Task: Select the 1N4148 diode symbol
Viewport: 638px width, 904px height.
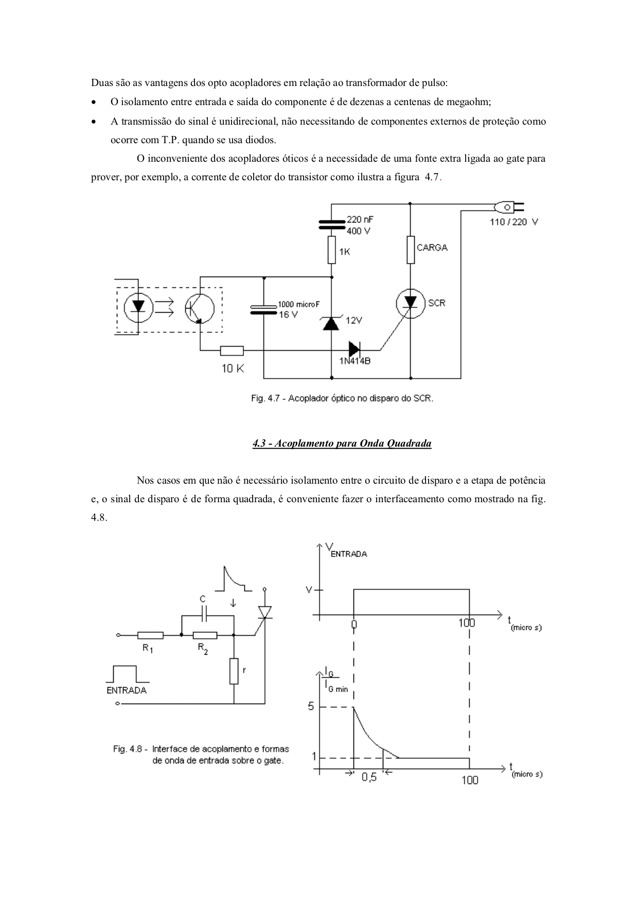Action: pyautogui.click(x=355, y=349)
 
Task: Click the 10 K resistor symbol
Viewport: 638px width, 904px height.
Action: pyautogui.click(x=232, y=351)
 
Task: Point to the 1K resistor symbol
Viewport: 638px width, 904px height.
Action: pyautogui.click(x=331, y=250)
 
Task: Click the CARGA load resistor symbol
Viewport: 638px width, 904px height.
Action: pyautogui.click(x=411, y=250)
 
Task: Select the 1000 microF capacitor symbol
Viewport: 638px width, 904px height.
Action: pyautogui.click(x=263, y=309)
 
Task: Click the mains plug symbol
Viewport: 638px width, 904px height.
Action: pyautogui.click(x=509, y=208)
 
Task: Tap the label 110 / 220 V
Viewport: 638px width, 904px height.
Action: pyautogui.click(x=513, y=223)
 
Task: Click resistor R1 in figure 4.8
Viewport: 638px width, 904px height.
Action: pyautogui.click(x=150, y=635)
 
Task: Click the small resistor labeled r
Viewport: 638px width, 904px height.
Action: pyautogui.click(x=234, y=671)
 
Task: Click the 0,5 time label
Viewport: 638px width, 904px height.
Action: pyautogui.click(x=369, y=777)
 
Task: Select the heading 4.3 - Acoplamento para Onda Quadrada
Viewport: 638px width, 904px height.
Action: pyautogui.click(x=342, y=444)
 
